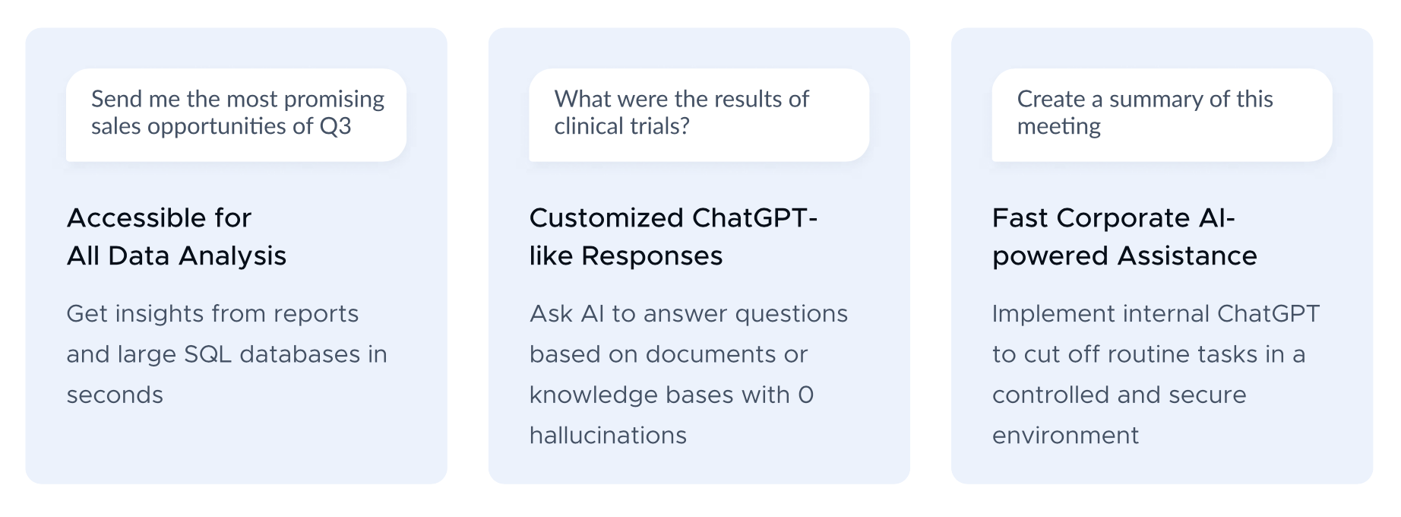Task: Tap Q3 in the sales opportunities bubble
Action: (335, 126)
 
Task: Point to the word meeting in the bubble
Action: (1059, 127)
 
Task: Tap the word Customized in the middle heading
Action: (606, 218)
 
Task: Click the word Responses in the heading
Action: (652, 256)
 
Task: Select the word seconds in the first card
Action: (115, 395)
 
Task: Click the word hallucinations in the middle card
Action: (608, 435)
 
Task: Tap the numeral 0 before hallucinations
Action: (805, 395)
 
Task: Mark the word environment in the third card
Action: (1065, 436)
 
